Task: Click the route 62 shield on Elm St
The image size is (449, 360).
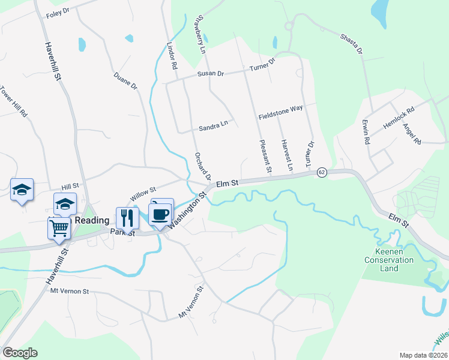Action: (x=322, y=172)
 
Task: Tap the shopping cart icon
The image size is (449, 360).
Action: (x=59, y=227)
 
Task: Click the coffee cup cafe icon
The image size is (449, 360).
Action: (x=160, y=214)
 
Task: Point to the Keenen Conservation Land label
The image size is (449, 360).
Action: (x=389, y=260)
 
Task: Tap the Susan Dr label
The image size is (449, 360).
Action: (x=211, y=74)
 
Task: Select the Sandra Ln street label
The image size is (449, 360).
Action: (x=214, y=127)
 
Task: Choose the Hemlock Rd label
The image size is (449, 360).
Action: (x=399, y=119)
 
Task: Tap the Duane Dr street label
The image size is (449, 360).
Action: (x=126, y=82)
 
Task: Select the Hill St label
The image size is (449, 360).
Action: (x=70, y=188)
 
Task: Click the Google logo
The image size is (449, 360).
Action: (x=20, y=353)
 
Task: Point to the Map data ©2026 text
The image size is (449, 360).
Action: (x=424, y=355)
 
